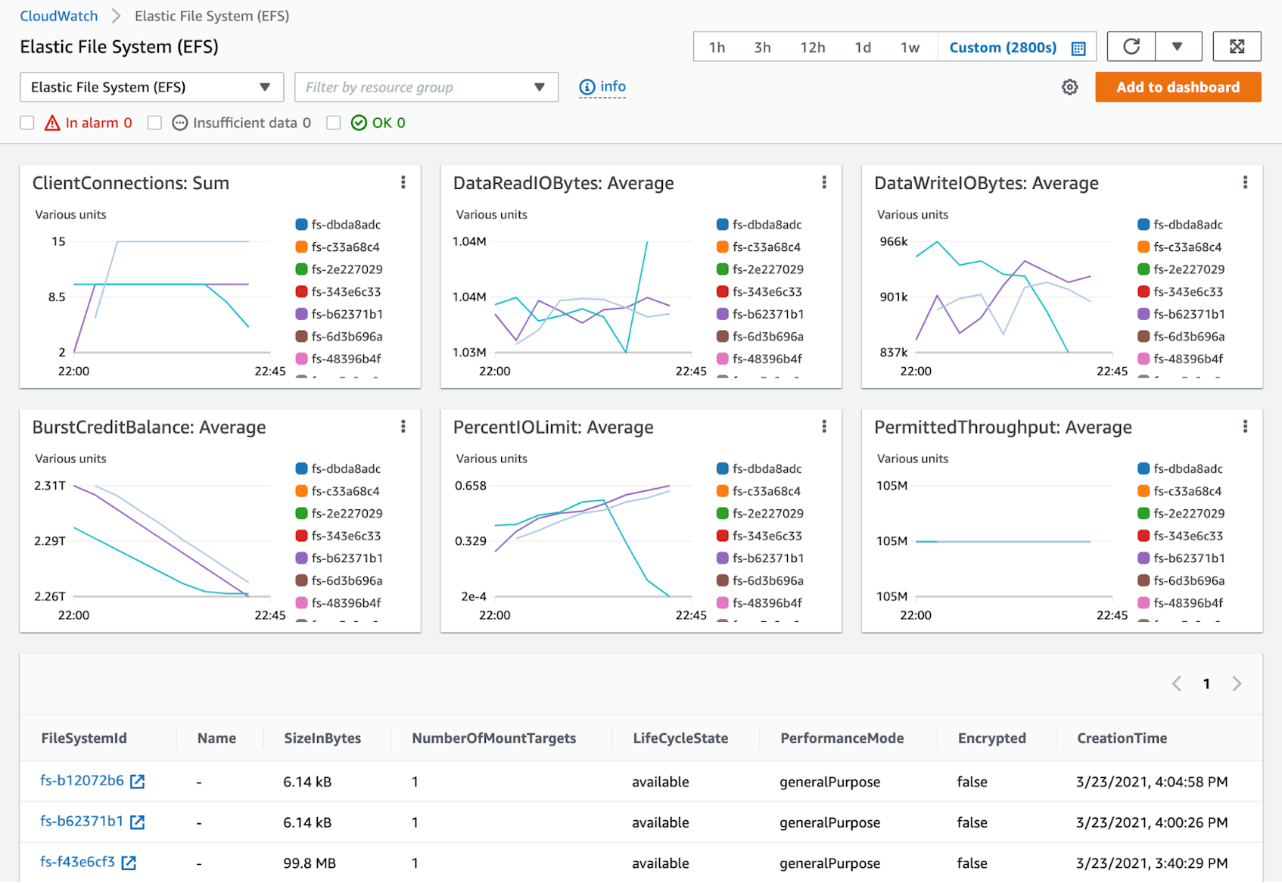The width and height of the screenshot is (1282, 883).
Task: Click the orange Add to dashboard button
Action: (1178, 87)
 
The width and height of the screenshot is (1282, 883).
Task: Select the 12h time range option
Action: (812, 48)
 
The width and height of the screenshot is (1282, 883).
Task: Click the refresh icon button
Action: (1131, 47)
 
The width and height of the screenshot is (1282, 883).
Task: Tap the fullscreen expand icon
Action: (1237, 47)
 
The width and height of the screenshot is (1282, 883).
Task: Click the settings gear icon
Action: (1069, 87)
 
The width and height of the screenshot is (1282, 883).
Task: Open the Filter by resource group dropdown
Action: (426, 87)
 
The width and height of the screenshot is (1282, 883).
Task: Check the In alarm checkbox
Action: (27, 123)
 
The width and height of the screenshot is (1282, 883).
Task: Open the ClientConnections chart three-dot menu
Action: (403, 182)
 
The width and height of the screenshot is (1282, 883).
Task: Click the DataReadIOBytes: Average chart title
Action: (563, 183)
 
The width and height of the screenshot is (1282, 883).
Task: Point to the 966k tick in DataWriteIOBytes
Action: (893, 241)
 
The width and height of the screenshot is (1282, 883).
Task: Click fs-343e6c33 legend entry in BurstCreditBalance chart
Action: (345, 536)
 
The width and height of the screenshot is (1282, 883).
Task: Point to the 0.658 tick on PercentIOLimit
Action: (470, 486)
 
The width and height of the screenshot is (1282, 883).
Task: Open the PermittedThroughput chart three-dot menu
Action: (1244, 427)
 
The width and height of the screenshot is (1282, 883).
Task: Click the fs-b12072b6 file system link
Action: (82, 780)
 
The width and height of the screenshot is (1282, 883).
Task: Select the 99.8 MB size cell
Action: (310, 863)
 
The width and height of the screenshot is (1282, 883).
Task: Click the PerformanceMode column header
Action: (842, 738)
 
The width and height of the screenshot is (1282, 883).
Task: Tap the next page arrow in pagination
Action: (1237, 684)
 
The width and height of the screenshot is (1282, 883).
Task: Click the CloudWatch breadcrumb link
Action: (58, 16)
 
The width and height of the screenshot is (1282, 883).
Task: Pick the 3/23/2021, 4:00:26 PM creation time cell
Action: (1151, 822)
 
